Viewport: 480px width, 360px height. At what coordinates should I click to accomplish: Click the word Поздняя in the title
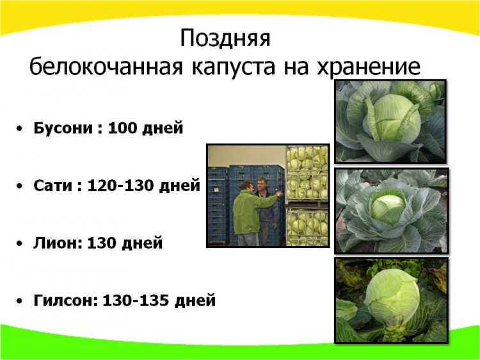tap(225, 39)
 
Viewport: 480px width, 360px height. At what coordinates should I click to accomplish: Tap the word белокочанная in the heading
tap(106, 67)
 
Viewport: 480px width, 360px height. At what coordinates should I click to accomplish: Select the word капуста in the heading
tap(234, 68)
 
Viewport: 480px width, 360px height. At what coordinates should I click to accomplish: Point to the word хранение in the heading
tap(368, 68)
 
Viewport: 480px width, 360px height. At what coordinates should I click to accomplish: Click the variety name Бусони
tap(63, 128)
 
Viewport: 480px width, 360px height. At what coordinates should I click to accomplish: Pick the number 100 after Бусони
tap(123, 127)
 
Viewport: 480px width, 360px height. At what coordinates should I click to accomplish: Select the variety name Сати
tap(52, 185)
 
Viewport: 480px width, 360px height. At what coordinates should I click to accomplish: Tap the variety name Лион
tap(56, 243)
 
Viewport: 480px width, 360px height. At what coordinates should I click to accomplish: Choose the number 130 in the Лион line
tap(102, 243)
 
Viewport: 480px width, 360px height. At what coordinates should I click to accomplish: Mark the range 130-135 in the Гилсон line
tap(136, 300)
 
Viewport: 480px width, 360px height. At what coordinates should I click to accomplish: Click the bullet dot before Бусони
tap(20, 129)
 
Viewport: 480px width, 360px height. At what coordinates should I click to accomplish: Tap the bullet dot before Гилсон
tap(20, 301)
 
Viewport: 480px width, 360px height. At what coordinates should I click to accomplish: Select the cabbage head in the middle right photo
tap(388, 206)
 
